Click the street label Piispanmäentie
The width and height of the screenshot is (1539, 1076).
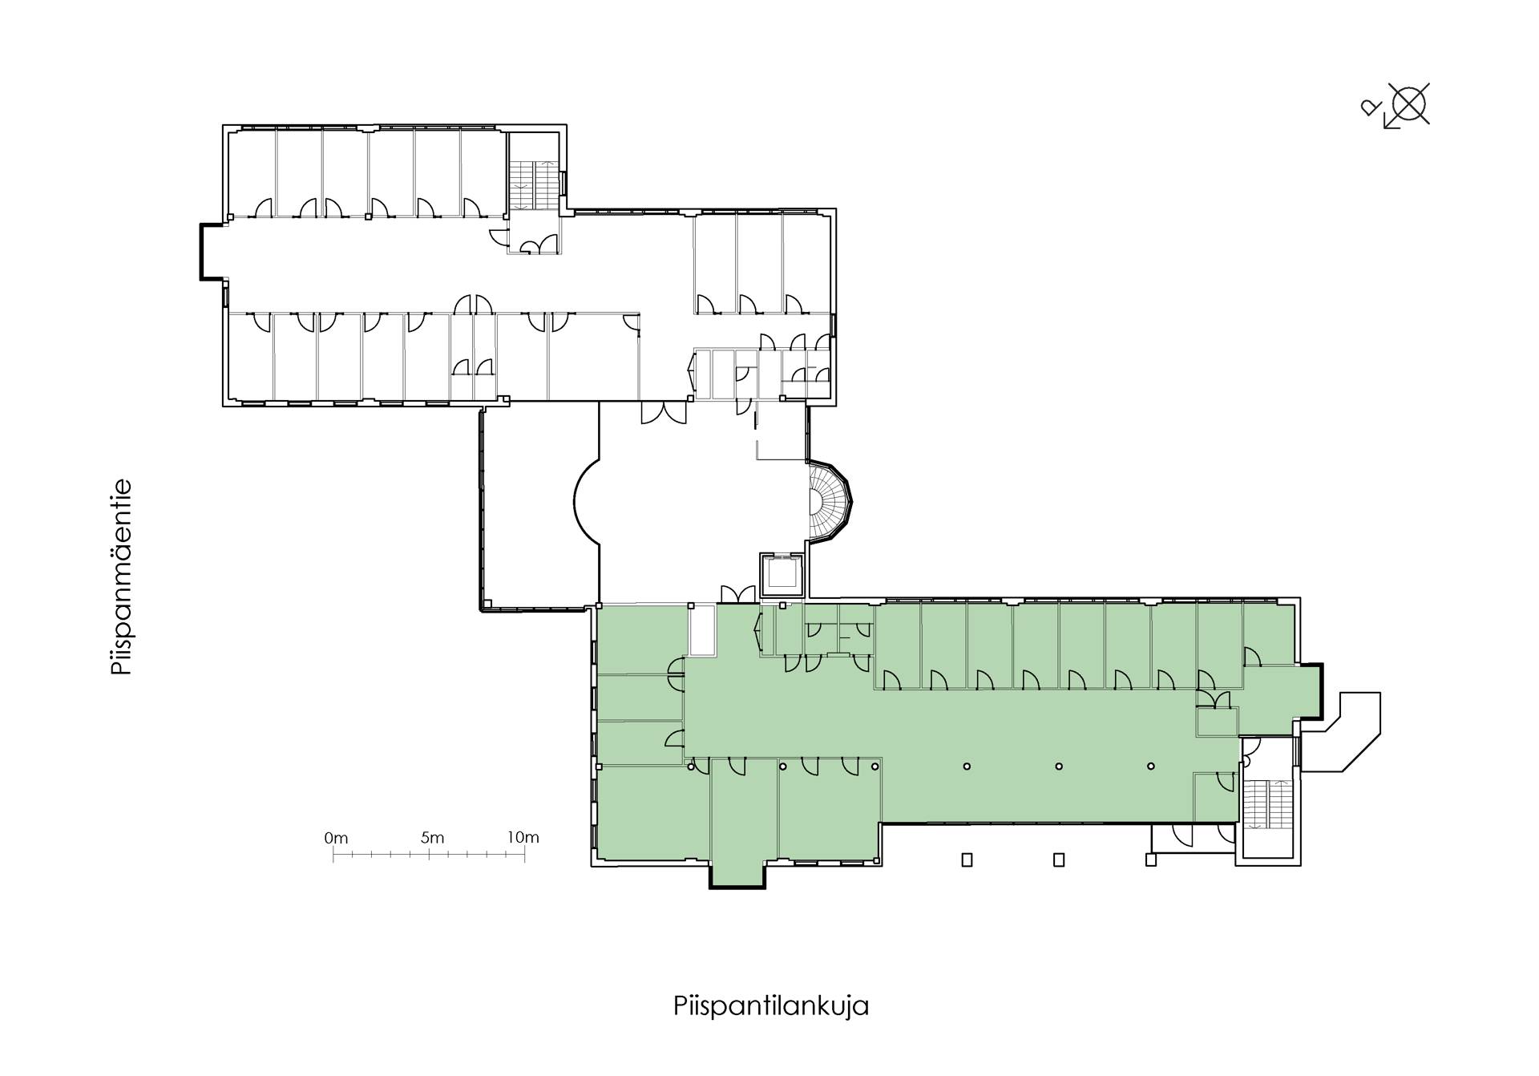[x=121, y=578]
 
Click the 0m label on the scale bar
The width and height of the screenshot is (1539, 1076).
[x=337, y=839]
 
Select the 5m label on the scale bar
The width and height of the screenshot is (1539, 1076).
[x=432, y=838]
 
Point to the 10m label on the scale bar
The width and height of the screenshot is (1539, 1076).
[x=523, y=838]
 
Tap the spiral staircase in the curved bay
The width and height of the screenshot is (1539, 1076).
[x=830, y=502]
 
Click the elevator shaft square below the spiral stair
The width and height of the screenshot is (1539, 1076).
[x=781, y=574]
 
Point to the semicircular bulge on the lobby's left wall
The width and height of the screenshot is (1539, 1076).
[x=588, y=501]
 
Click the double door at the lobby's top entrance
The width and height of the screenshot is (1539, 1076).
[x=664, y=413]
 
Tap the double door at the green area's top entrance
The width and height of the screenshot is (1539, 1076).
[x=737, y=593]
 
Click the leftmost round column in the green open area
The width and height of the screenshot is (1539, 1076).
[x=691, y=767]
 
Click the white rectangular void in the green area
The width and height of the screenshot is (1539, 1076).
[x=702, y=631]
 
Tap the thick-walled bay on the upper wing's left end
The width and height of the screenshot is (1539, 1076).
[x=212, y=252]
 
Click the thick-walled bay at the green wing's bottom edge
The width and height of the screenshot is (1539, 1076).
[x=737, y=875]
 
